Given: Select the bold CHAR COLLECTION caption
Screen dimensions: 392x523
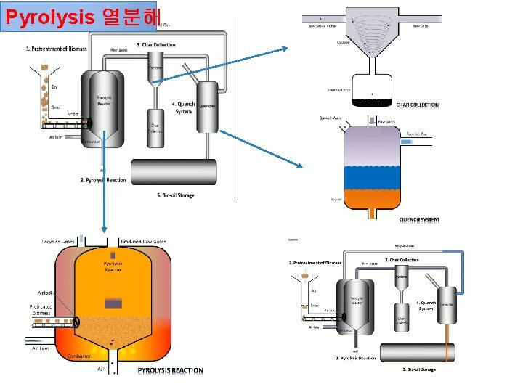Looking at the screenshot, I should (417, 105).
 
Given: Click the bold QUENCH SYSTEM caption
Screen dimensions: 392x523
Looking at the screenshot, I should (419, 219).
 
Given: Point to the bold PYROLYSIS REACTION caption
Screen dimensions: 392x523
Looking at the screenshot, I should (171, 370).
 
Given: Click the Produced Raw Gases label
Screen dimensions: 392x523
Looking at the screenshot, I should (143, 241).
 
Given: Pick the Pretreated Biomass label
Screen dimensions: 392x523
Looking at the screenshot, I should (41, 309).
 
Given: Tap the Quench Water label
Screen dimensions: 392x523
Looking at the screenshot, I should (331, 118).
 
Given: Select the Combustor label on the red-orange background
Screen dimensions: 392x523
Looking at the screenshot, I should (78, 356).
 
